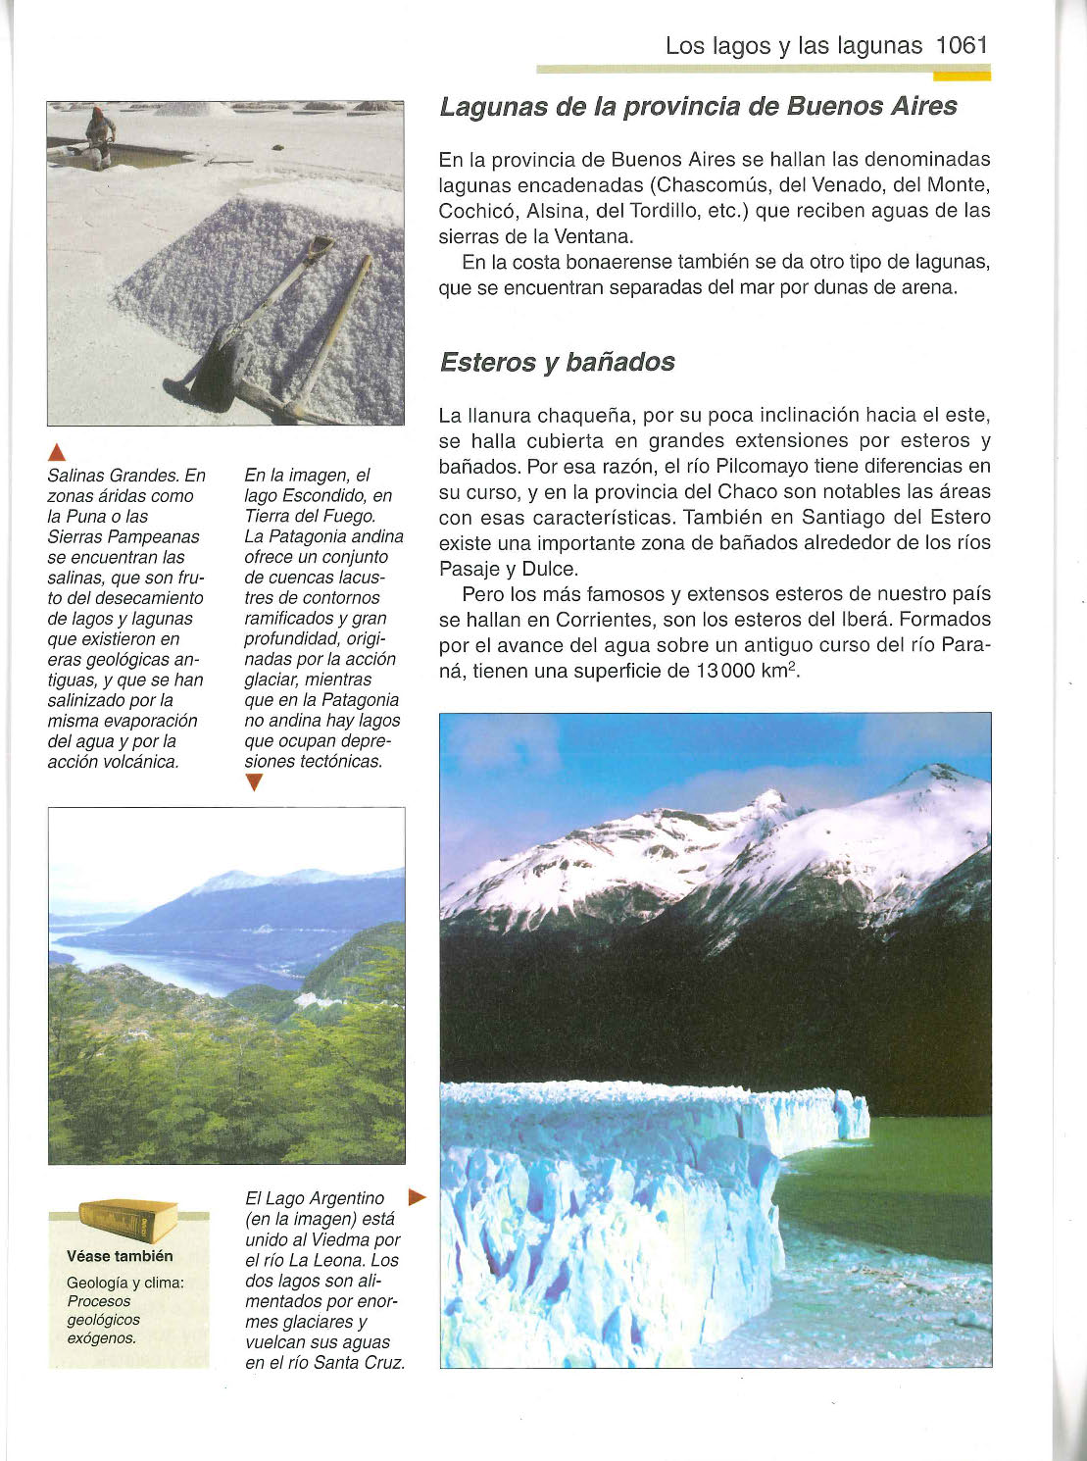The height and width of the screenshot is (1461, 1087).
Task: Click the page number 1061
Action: click(962, 45)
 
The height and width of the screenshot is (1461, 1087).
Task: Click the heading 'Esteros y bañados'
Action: click(557, 362)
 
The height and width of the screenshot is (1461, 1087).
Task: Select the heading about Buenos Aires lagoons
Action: click(698, 106)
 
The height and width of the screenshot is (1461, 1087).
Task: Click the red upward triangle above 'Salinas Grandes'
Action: click(57, 452)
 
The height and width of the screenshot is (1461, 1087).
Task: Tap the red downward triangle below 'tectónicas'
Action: click(255, 782)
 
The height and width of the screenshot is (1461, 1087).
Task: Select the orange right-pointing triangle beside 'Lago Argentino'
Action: click(418, 1197)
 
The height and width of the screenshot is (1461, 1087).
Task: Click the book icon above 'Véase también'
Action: click(127, 1221)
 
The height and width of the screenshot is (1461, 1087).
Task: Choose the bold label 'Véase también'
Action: click(120, 1256)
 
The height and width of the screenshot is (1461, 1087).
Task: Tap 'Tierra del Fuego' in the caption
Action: click(309, 516)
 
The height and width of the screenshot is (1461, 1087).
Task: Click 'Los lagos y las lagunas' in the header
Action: click(793, 45)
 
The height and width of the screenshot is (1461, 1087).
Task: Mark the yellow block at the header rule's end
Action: click(962, 74)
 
